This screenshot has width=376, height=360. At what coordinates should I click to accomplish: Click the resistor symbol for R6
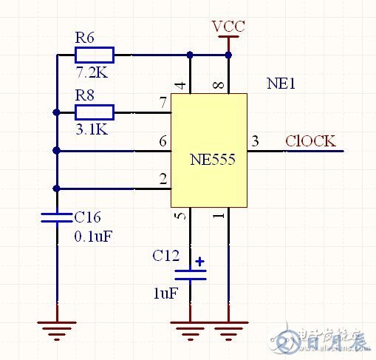(x=94, y=54)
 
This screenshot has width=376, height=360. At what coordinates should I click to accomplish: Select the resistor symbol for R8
(x=94, y=112)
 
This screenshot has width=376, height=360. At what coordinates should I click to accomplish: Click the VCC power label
(x=228, y=27)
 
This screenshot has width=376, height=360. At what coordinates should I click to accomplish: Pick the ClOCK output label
(x=310, y=140)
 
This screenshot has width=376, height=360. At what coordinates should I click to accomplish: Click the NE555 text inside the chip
(x=211, y=159)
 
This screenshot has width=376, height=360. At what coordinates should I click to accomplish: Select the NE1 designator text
(x=281, y=84)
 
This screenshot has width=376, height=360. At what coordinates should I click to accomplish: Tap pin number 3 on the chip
(x=256, y=140)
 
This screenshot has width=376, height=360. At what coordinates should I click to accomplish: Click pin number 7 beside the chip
(x=162, y=102)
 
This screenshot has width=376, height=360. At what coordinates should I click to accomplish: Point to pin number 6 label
(x=162, y=140)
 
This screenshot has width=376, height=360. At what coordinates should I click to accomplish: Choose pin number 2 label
(x=162, y=178)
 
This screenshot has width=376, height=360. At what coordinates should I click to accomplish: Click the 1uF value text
(x=165, y=293)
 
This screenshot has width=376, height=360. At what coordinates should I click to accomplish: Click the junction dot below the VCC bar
(x=228, y=54)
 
